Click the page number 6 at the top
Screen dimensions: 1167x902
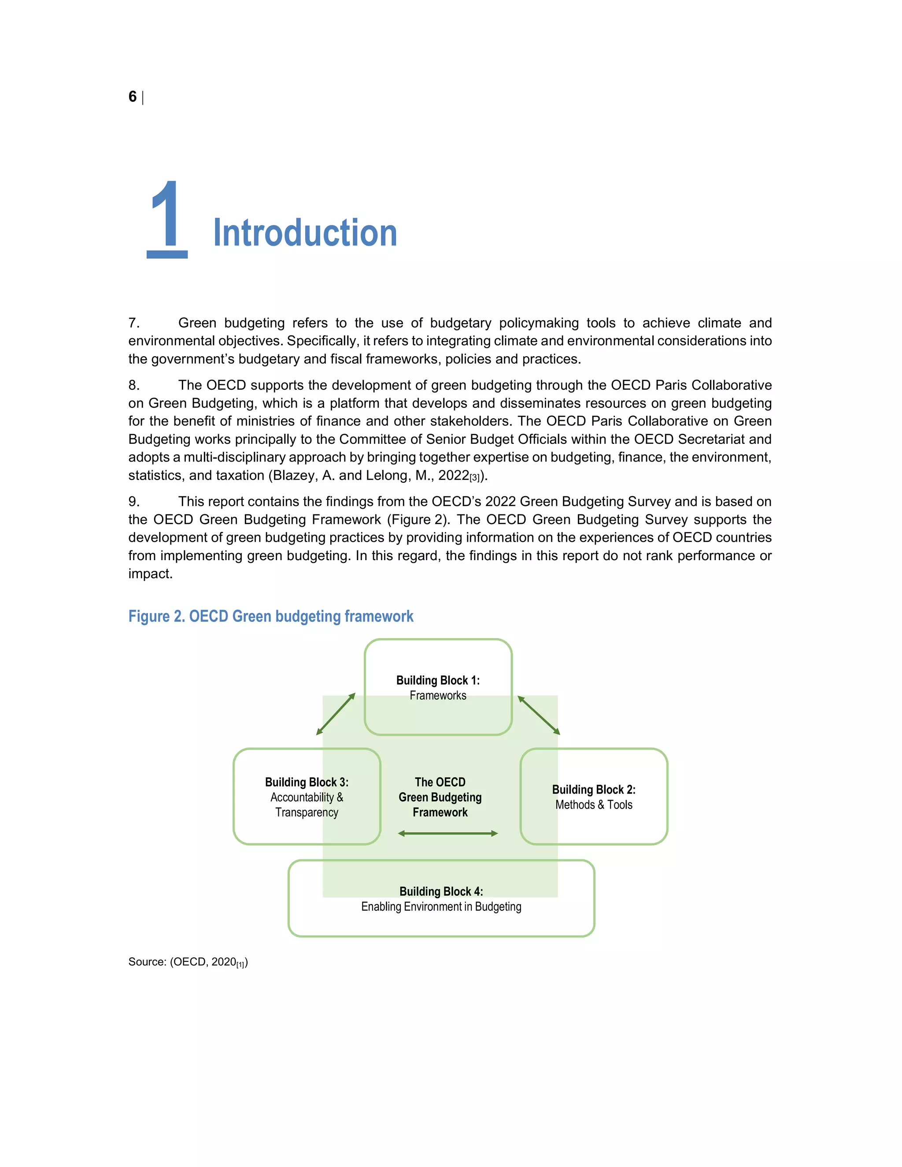133,97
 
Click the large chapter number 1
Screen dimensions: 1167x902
167,220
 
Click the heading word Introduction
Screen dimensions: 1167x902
305,233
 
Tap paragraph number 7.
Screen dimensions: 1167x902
133,323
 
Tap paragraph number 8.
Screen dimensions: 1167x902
133,385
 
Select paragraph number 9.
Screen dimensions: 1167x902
133,501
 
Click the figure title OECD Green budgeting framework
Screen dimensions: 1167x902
270,616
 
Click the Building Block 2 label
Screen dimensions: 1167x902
594,797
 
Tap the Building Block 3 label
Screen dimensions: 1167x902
307,797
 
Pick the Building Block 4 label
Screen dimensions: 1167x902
441,899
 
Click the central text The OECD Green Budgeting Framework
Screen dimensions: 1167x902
440,797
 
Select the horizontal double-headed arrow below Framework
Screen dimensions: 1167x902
448,834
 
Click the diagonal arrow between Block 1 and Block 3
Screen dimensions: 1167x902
336,714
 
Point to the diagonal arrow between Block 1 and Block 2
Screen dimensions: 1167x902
539,715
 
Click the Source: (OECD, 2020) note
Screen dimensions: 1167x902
188,962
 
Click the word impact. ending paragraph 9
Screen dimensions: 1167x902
150,573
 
